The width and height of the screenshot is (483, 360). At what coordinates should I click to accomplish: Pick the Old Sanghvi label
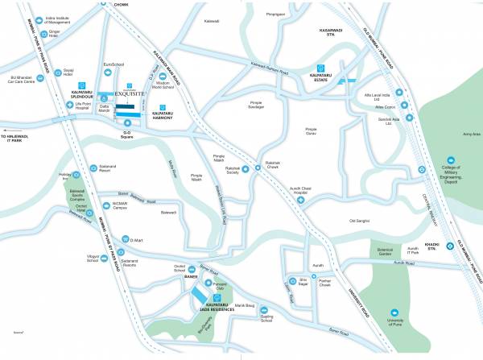[358, 220]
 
